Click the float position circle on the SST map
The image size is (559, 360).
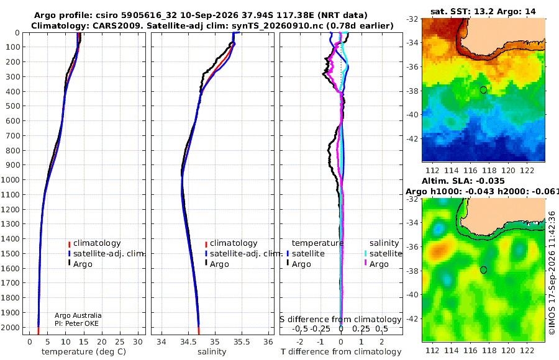pos(483,90)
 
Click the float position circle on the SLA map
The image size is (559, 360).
pos(483,270)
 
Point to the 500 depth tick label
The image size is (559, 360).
pos(12,106)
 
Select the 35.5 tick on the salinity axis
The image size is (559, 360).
pos(242,342)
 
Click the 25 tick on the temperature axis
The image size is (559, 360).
pos(120,342)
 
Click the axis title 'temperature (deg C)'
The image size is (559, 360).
pos(84,352)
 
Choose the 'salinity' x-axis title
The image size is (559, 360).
pos(212,352)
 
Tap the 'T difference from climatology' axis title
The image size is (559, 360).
pos(341,352)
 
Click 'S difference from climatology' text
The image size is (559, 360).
pos(340,320)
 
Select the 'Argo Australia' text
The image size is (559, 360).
pos(78,315)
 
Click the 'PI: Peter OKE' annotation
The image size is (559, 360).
pos(76,323)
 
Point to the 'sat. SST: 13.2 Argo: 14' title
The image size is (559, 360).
pos(483,11)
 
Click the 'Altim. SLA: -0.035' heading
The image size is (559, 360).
pos(463,181)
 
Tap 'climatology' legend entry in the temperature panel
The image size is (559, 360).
pos(94,243)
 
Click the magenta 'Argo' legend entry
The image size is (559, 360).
pos(376,264)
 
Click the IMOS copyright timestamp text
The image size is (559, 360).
pos(552,272)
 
